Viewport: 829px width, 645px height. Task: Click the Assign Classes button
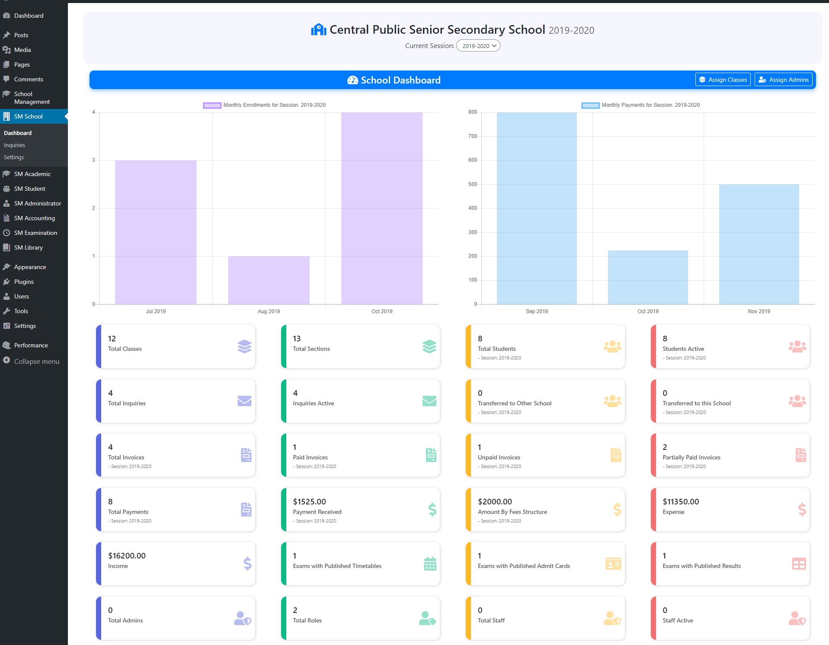pos(723,80)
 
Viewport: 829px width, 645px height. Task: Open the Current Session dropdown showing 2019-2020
pos(478,46)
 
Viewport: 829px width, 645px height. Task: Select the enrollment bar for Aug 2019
pos(269,280)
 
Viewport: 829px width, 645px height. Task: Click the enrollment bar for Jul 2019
pos(156,232)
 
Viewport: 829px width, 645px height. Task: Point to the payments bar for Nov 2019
pos(759,244)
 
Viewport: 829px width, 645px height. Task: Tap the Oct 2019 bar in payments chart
pos(647,277)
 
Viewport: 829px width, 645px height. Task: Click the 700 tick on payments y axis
pos(472,136)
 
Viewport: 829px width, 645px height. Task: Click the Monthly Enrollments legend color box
pos(212,105)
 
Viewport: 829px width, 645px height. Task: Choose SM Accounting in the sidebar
pos(34,218)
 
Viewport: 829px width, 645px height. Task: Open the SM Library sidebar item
pos(28,247)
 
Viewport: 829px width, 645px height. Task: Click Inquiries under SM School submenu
pos(14,145)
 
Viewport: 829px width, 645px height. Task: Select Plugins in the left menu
pos(24,282)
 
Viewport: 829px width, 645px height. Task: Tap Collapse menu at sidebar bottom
pos(36,361)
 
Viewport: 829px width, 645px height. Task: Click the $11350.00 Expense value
pos(680,501)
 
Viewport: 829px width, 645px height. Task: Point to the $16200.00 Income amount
pos(127,555)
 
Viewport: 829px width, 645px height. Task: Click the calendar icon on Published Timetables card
pos(430,564)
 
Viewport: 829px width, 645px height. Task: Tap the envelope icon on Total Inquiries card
pos(244,401)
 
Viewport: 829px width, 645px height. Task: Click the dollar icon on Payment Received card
pos(432,510)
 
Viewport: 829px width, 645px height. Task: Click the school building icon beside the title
pos(318,29)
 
